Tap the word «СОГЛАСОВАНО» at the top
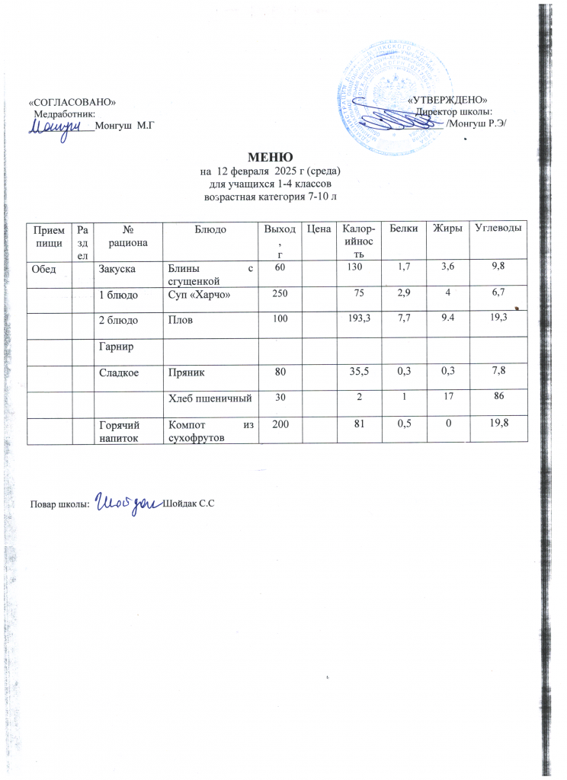coord(72,101)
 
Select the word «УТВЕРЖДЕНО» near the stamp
coord(447,101)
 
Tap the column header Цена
coord(319,228)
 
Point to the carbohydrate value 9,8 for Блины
coord(497,266)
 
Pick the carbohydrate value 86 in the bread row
coord(497,397)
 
